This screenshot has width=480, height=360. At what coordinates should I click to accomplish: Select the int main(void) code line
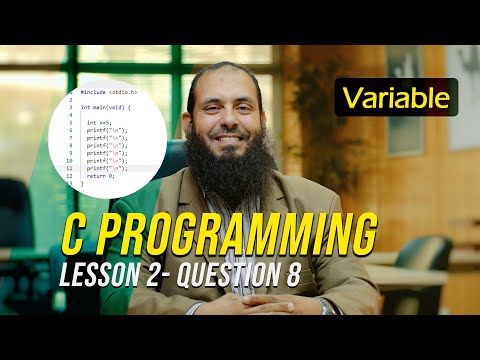coord(105,106)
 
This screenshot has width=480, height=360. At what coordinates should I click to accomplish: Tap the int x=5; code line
coord(99,124)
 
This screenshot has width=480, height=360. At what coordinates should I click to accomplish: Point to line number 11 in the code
coord(70,167)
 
